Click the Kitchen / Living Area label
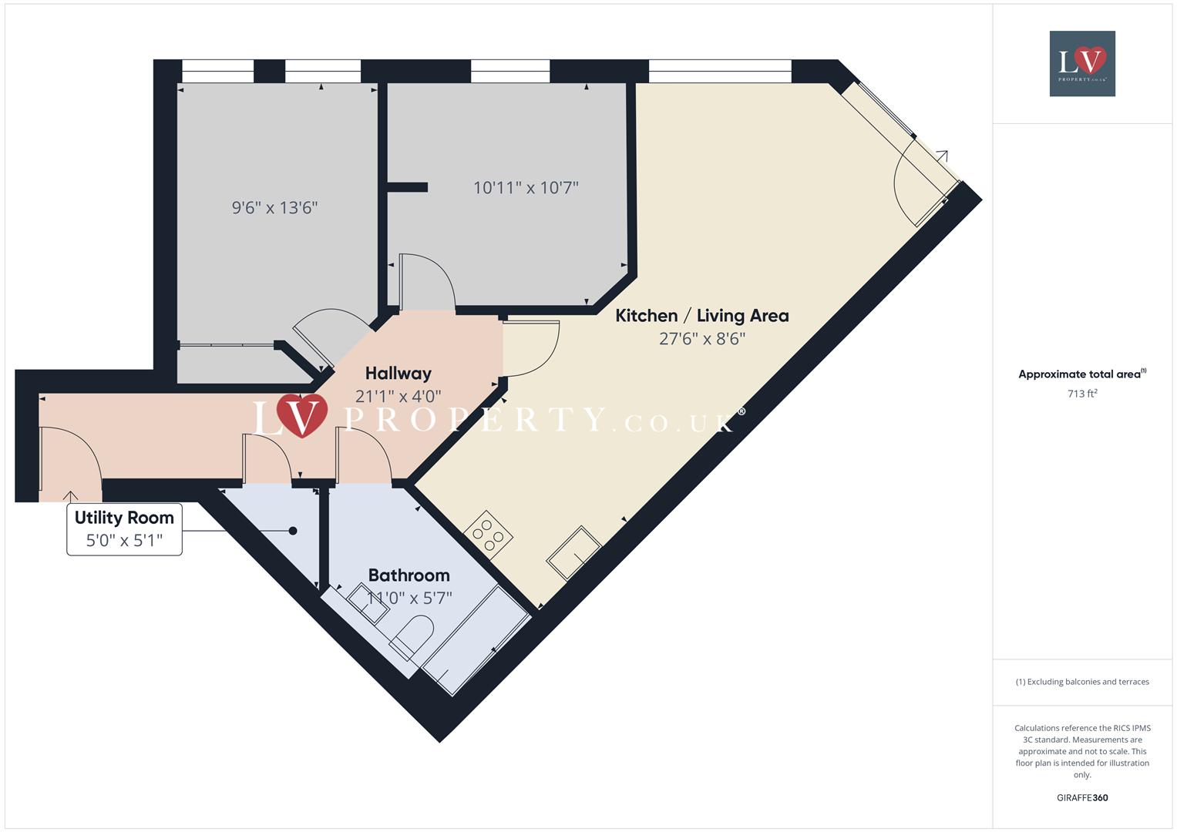[701, 316]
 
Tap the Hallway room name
[398, 374]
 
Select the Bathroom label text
[409, 575]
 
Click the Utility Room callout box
[124, 528]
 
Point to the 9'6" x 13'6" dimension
[274, 208]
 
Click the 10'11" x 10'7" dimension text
[526, 188]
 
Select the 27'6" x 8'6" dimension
[701, 339]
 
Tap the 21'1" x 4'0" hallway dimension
[398, 397]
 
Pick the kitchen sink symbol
[574, 552]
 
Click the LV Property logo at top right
[1082, 63]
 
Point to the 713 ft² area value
[1082, 394]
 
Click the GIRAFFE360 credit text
[1082, 798]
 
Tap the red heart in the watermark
[302, 414]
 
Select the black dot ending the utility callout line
[293, 531]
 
